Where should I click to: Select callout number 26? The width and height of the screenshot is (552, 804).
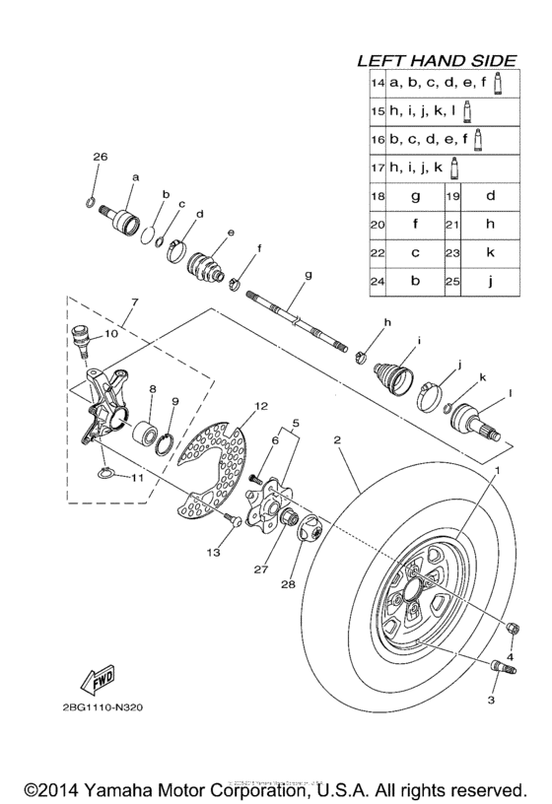point(99,158)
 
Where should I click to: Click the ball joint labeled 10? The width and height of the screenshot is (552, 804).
point(84,342)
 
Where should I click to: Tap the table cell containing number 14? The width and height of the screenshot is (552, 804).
point(377,84)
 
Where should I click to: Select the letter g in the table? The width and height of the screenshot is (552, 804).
point(415,196)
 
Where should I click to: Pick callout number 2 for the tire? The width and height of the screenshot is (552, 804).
point(337,442)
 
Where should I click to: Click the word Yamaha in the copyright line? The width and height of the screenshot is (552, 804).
point(117,790)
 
